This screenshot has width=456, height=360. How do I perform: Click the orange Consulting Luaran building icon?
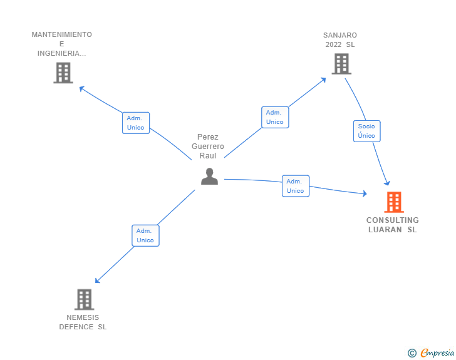tap(393, 202)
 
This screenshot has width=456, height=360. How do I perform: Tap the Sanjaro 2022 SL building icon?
tap(341, 64)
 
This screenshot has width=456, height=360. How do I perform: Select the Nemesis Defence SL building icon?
tap(84, 299)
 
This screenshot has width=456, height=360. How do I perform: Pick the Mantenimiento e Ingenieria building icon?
tap(63, 73)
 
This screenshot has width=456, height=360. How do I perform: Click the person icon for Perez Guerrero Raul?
tap(209, 177)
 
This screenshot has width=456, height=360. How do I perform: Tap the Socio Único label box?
tap(366, 131)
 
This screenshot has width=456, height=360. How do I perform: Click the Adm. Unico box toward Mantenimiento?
tap(135, 123)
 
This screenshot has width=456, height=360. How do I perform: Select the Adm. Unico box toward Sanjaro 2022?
tap(274, 117)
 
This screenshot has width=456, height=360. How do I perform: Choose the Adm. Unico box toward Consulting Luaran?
tap(295, 186)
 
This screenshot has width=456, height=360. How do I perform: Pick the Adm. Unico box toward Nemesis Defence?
tap(145, 235)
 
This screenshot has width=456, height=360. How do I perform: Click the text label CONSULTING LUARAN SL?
tap(393, 225)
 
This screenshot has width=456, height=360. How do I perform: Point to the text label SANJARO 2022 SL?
tap(340, 39)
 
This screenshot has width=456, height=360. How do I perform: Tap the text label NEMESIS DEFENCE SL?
tap(83, 322)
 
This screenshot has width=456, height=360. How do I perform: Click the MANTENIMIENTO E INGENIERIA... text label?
tap(61, 44)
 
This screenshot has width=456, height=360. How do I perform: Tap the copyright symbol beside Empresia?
tap(412, 353)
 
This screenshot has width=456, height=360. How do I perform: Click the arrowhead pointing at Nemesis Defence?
tap(97, 281)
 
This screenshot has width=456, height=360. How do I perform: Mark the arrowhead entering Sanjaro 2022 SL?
tap(323, 79)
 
